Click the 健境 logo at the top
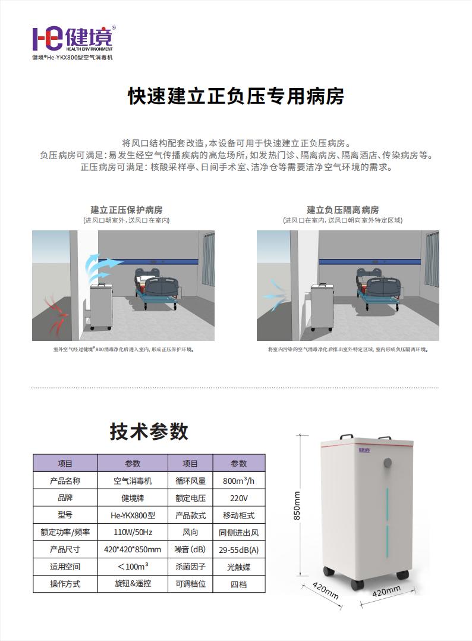72,39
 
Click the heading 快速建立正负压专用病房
236,96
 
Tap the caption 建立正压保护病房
126,210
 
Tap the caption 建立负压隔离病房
342,210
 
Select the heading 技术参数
149,431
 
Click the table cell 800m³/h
239,481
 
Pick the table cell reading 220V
239,498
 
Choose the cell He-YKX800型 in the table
133,515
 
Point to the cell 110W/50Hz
133,532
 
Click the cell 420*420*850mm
133,549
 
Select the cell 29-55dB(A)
239,549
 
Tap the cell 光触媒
239,567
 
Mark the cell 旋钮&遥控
133,583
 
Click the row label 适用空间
65,567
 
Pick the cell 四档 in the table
239,584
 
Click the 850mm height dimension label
297,505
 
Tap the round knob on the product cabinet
388,462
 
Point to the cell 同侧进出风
239,532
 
